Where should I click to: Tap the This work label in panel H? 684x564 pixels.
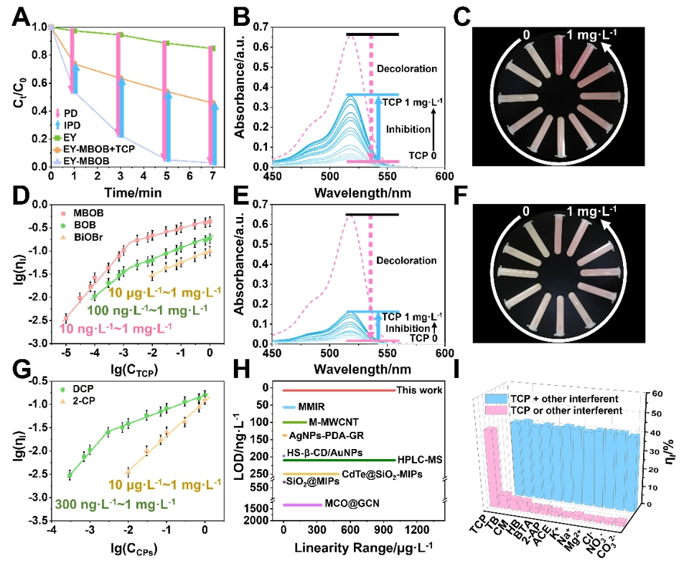pyautogui.click(x=419, y=391)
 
